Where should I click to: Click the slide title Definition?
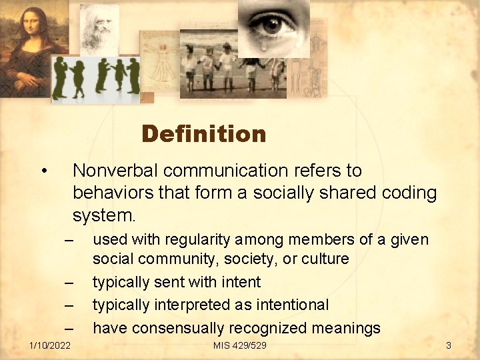coord(203,134)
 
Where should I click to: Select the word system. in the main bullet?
coord(104,216)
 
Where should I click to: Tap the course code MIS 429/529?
coord(239,345)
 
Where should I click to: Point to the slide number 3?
coord(449,345)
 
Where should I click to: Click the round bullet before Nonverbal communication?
coord(43,171)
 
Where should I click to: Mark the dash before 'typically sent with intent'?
coord(68,283)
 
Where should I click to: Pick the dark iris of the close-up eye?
coord(271,25)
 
